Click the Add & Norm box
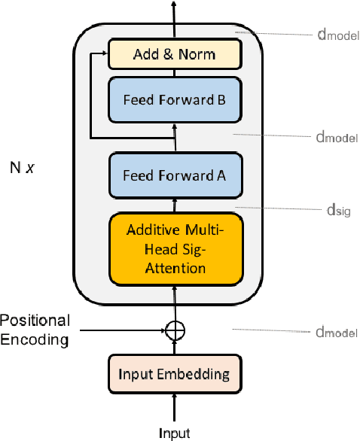coord(174,53)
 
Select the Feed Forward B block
coord(174,99)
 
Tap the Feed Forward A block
coord(174,175)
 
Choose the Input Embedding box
coord(174,373)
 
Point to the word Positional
coord(35,321)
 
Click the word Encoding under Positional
coord(35,339)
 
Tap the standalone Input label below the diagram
coord(174,433)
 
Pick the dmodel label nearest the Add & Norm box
coord(336,35)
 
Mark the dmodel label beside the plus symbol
coord(336,332)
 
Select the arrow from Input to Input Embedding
coord(175,409)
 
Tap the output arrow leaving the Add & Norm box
coord(175,19)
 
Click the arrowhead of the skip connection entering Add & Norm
coord(104,53)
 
